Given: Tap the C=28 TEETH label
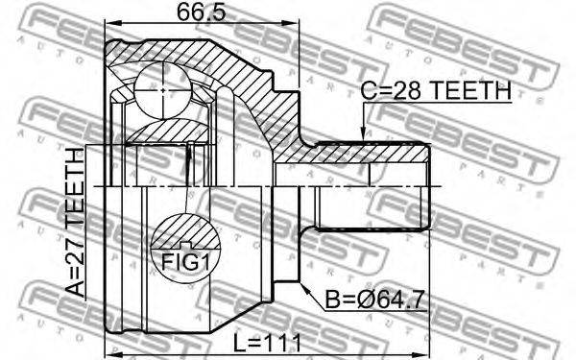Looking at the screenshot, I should pos(435,92).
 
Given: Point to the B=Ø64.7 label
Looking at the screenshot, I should pos(374,305).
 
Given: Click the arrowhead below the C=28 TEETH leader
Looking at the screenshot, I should pos(363,138).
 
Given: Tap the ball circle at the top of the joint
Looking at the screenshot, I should pos(163,88).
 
